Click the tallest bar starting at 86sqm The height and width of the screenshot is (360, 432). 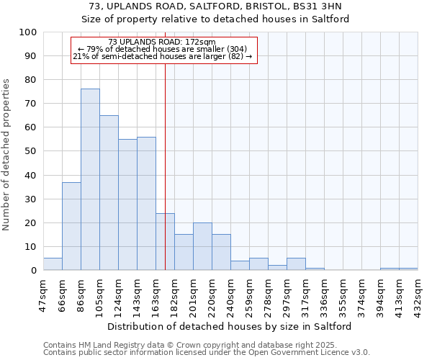click(90, 179)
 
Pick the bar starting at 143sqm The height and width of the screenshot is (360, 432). click(146, 203)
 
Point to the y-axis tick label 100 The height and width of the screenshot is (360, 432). click(28, 32)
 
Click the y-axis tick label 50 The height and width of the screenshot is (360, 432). click(31, 151)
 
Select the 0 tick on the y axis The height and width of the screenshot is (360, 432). click(34, 271)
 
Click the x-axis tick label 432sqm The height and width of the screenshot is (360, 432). click(418, 294)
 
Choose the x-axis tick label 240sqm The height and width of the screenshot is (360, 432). click(231, 294)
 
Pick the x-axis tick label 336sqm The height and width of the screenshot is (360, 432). click(325, 294)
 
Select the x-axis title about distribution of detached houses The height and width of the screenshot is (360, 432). click(230, 327)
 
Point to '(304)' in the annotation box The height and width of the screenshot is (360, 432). click(237, 49)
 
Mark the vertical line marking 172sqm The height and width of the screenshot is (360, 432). click(165, 166)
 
